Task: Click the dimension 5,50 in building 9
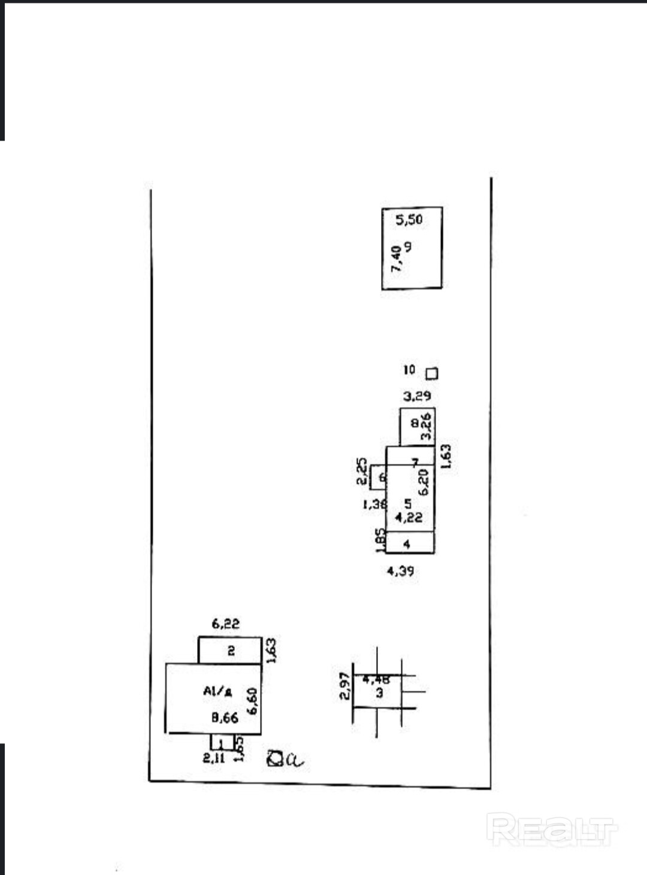pos(409,220)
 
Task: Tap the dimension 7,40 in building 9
pos(395,259)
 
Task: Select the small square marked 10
pos(431,373)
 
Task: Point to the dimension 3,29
pos(417,396)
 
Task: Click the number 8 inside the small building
pos(415,423)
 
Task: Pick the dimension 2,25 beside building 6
pos(361,471)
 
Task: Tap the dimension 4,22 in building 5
pos(409,517)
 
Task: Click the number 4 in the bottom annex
pos(407,544)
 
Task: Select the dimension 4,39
pos(400,571)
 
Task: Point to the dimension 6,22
pos(225,624)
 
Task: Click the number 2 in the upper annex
pos(231,651)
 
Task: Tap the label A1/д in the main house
pos(217,691)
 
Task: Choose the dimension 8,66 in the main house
pos(225,717)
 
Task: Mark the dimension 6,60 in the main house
pos(252,700)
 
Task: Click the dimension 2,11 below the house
pos(214,758)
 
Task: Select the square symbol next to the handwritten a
pos(276,759)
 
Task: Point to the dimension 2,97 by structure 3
pos(344,686)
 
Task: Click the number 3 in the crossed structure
pos(379,693)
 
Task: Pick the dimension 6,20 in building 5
pos(424,481)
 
